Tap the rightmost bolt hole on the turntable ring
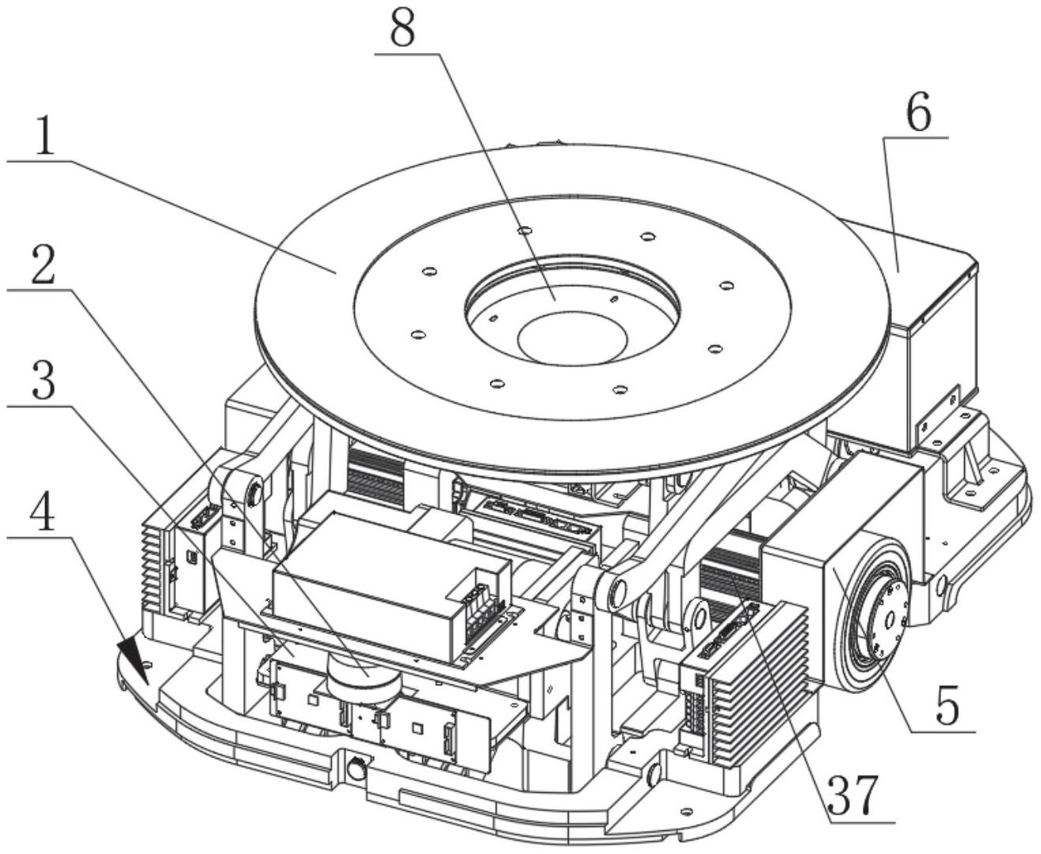tap(723, 284)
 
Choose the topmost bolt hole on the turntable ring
tap(521, 231)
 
